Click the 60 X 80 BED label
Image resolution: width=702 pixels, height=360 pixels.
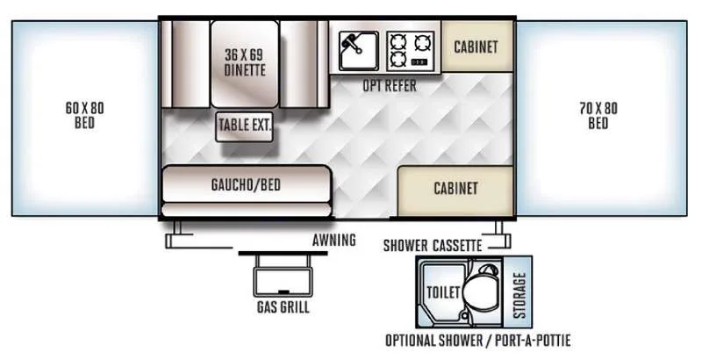84,115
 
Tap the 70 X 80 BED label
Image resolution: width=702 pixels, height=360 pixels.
598,115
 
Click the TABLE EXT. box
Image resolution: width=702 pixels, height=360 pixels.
245,125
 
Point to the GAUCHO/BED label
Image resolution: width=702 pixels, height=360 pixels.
245,184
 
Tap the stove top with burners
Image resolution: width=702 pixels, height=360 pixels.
412,50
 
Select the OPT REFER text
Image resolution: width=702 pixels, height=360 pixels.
390,86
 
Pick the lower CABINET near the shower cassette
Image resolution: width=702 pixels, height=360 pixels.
455,189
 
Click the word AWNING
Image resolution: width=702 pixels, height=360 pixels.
333,240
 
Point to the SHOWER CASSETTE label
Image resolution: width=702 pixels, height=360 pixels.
433,245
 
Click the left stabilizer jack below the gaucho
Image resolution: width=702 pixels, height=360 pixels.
176,233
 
